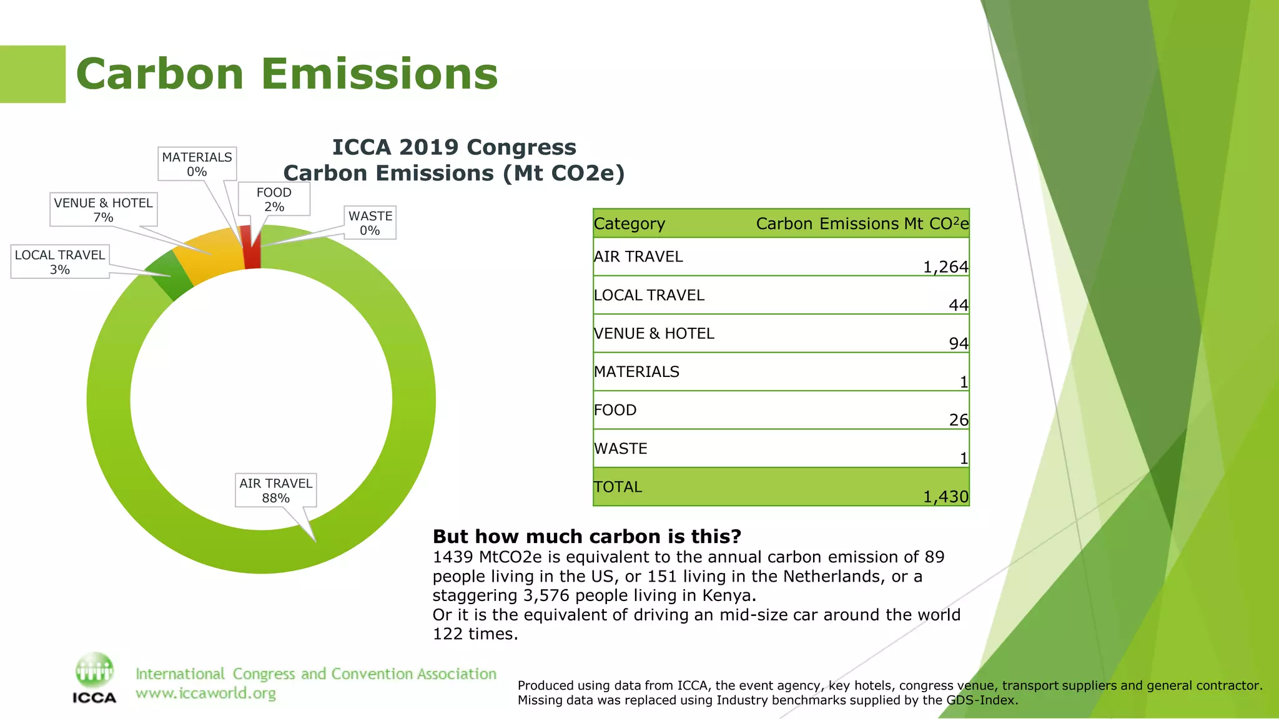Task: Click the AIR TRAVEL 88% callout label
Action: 275,491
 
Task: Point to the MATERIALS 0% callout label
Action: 197,164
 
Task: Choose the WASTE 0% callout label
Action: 370,223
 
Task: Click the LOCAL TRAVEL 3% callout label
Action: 60,262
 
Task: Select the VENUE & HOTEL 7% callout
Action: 103,210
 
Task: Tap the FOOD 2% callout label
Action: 274,199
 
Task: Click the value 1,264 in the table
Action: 946,267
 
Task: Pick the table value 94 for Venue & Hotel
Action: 958,344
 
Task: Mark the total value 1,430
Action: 946,497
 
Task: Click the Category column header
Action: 630,223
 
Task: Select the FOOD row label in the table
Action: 615,410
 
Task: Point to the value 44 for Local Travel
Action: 958,305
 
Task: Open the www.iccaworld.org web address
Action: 205,693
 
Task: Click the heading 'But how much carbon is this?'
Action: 587,536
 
